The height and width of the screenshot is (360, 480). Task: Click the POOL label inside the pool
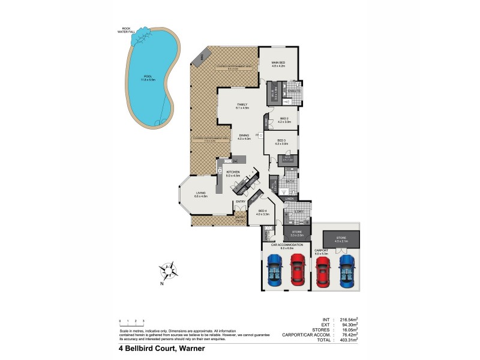[149, 78]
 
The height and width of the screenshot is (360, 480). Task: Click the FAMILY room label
[242, 106]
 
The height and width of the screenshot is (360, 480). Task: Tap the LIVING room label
[200, 194]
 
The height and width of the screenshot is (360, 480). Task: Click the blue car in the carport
[346, 272]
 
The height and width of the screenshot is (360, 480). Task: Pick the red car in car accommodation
[298, 270]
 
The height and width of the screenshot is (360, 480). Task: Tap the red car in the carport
[322, 272]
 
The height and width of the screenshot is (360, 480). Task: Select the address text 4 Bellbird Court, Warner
[157, 347]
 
